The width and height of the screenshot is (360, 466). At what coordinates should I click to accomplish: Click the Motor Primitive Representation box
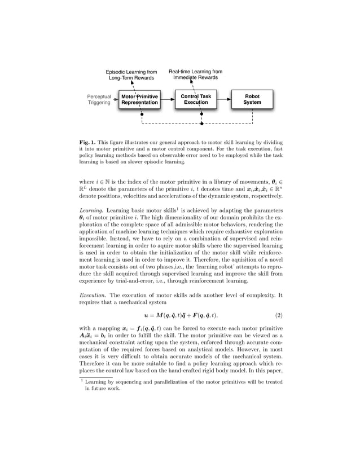tap(139, 100)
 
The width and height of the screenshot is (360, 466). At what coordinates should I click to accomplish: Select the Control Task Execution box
tap(195, 100)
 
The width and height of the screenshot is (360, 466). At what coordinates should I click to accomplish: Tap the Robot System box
tap(252, 100)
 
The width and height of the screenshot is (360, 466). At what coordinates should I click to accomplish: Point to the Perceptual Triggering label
tap(99, 100)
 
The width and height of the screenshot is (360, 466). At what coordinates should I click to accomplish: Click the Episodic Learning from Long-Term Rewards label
tap(131, 75)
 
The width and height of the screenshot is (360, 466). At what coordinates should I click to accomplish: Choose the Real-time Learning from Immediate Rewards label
tap(195, 75)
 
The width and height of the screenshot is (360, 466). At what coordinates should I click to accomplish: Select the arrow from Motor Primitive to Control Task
tap(167, 100)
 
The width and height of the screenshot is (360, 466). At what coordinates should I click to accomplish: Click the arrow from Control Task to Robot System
tap(223, 100)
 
